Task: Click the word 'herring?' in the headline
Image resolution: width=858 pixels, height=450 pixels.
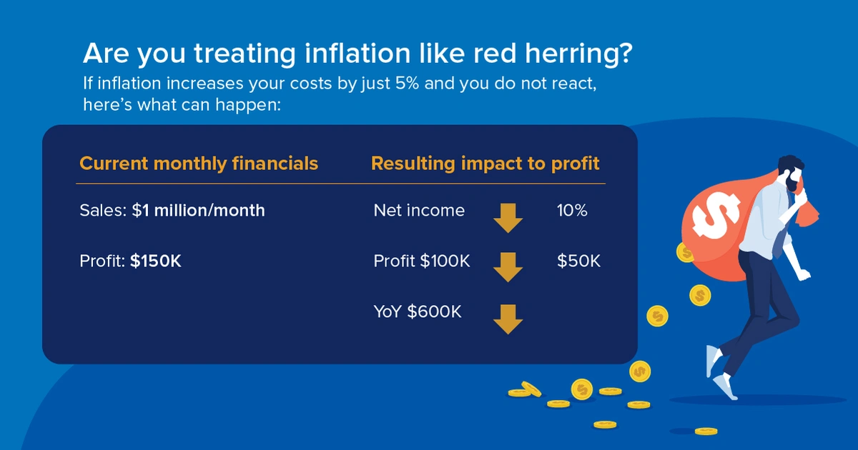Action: point(578,54)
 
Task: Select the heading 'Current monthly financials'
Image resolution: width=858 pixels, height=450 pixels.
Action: point(199,164)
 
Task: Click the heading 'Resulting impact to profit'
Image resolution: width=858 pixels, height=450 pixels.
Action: point(485,164)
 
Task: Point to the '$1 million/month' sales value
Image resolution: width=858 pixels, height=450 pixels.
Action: point(199,211)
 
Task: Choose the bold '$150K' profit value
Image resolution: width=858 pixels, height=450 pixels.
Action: point(156,261)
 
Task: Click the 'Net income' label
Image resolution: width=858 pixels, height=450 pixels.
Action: point(419,211)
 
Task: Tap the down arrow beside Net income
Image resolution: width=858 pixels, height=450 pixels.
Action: point(508,218)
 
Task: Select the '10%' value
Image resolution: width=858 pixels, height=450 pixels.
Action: point(572,211)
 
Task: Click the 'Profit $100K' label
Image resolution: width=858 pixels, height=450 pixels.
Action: point(422,261)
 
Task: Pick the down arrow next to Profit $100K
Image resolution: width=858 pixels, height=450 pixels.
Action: point(508,267)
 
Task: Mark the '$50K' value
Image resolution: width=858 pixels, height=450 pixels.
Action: point(578,261)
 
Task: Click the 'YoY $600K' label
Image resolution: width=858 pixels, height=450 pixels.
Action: point(418,311)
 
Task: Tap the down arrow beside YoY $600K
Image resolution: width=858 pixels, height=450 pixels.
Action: point(508,319)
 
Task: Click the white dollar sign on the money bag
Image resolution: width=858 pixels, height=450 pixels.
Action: point(716,214)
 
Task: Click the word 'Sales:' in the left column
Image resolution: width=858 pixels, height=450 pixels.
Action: point(103,211)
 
